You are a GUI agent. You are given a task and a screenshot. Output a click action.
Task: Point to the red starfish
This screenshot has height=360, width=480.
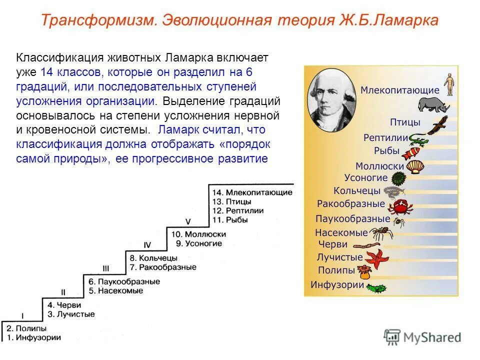[376, 258]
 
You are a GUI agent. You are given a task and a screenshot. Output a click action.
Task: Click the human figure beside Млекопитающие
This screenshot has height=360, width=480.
[449, 83]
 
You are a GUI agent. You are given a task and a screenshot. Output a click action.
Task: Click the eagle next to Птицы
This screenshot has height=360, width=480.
[439, 124]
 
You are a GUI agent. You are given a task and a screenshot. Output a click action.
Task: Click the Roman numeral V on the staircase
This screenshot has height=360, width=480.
[188, 221]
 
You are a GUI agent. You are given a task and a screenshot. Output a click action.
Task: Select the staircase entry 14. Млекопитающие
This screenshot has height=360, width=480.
[252, 192]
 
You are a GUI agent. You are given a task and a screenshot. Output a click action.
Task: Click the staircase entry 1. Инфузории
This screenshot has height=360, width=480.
[33, 337]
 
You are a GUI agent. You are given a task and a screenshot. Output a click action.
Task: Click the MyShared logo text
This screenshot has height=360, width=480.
[432, 337]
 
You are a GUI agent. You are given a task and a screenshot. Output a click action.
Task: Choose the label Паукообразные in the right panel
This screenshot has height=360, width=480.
[352, 218]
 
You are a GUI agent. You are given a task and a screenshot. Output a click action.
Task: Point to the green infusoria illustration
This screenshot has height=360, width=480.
[376, 288]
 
